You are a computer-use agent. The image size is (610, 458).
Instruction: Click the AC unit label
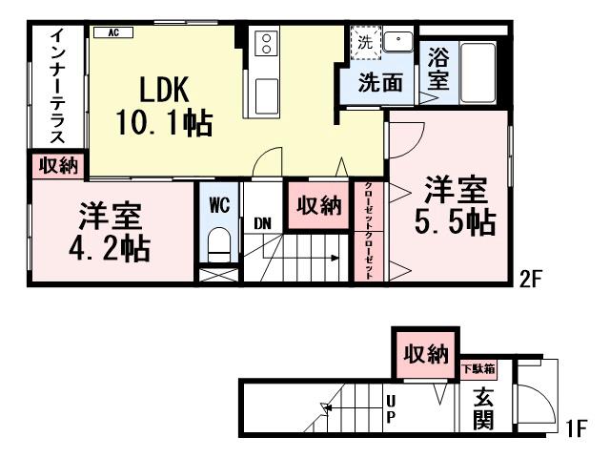coord(112,32)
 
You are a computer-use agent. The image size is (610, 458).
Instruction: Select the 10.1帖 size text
coord(163,122)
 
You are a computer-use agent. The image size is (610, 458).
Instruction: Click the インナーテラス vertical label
coord(56,87)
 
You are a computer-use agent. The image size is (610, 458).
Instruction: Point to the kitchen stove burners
coord(266,43)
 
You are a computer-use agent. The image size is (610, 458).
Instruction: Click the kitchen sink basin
coord(267,94)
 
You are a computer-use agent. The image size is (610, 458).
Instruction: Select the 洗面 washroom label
coord(379,83)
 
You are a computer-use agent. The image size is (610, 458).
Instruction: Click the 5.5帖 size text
coord(455,222)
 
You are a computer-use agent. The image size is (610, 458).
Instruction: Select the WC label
coord(219,204)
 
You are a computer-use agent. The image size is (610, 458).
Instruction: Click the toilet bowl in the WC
coord(219,243)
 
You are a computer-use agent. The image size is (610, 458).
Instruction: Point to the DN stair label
coord(263,224)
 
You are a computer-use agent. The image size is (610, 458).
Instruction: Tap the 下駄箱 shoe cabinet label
coord(478,367)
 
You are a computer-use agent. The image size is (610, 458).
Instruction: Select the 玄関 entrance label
coord(482,405)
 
